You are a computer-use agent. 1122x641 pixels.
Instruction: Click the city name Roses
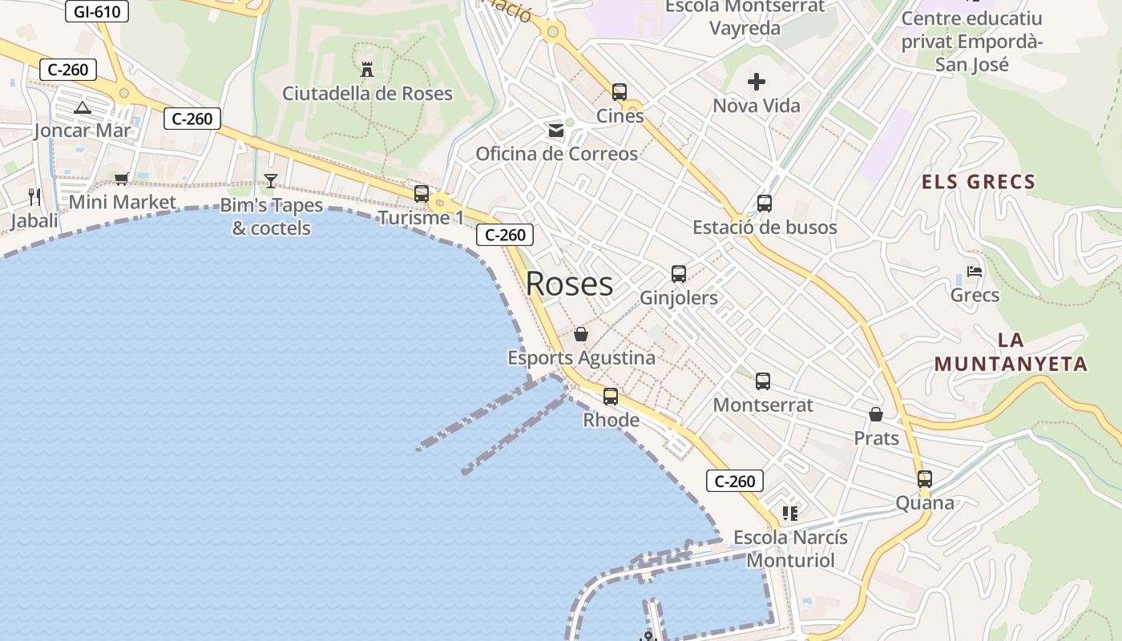click(569, 284)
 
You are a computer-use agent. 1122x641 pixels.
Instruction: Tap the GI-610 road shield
click(96, 11)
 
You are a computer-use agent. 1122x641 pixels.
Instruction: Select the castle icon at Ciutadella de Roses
click(367, 70)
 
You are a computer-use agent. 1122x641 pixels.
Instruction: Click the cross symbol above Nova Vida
click(757, 82)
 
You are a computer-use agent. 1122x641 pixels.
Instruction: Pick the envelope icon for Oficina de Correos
click(556, 131)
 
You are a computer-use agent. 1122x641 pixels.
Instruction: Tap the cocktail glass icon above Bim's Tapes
click(271, 181)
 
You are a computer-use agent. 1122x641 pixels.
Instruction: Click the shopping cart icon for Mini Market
click(121, 179)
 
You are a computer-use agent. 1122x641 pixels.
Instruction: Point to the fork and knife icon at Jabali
click(34, 196)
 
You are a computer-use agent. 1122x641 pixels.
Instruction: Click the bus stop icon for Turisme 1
click(422, 194)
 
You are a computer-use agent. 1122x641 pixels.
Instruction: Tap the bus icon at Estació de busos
click(765, 204)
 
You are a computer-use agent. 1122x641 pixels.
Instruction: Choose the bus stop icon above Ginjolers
click(679, 274)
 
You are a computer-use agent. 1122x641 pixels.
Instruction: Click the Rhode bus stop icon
click(611, 397)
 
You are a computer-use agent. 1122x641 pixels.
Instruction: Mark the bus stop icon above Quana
click(925, 479)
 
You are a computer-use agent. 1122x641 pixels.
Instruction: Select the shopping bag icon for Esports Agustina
click(581, 334)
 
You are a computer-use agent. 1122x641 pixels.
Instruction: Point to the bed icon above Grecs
click(975, 272)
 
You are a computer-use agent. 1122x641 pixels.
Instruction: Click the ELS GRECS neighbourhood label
click(979, 182)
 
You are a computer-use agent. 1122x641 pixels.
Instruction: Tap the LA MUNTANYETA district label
click(1011, 352)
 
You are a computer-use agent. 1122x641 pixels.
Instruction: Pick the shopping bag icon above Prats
click(876, 415)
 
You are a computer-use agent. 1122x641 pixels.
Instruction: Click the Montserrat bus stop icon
click(763, 381)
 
